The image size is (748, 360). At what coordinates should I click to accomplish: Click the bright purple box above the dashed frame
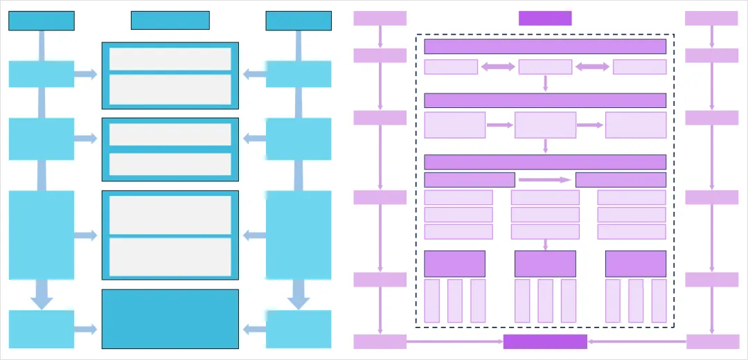pos(545,18)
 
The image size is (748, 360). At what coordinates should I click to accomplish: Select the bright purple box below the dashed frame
pos(545,341)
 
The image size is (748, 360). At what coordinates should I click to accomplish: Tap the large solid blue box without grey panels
pos(170,318)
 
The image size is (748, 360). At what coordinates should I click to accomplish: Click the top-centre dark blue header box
pos(170,21)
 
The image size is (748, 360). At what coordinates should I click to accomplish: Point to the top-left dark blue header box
pos(42,21)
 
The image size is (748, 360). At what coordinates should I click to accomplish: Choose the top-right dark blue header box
pos(299,21)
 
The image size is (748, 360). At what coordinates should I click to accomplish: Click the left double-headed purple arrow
pos(498,66)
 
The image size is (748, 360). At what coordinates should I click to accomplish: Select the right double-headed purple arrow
pos(592,66)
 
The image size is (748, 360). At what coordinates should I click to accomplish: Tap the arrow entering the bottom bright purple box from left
pos(454,341)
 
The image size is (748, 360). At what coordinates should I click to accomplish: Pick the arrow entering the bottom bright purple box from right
pos(636,341)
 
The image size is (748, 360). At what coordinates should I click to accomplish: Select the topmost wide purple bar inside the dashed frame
pos(545,46)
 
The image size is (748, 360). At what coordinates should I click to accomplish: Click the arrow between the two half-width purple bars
pos(545,180)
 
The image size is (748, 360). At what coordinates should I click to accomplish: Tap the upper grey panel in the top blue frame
pos(170,59)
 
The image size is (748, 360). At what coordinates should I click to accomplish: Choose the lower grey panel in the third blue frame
pos(170,257)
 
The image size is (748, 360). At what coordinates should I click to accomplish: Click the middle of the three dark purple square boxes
pos(545,264)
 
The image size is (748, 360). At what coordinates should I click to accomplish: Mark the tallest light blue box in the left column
pos(42,235)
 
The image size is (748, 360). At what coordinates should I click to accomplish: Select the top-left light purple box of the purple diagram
pos(380,18)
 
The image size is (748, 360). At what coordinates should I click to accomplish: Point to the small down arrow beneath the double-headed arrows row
pos(545,83)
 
